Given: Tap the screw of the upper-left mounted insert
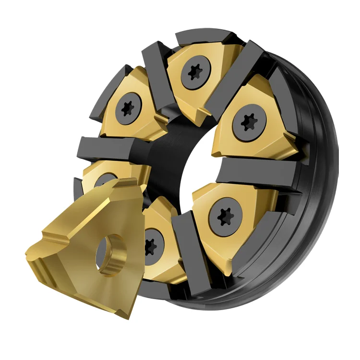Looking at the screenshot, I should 128,108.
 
